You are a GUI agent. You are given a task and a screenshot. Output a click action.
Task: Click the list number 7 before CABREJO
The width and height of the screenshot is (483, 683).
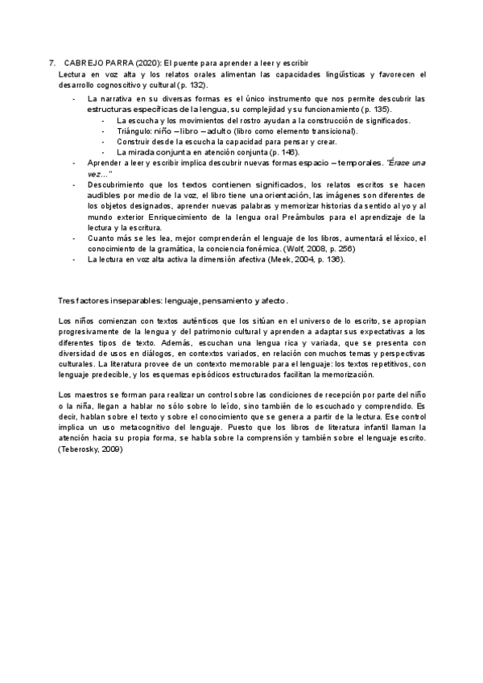(x=52, y=62)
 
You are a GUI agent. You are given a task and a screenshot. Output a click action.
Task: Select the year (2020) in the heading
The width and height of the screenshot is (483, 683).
(x=149, y=62)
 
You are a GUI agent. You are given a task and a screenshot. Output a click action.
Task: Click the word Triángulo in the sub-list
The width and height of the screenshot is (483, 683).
(x=134, y=130)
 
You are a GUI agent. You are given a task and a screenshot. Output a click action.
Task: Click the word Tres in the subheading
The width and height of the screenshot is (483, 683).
(x=67, y=300)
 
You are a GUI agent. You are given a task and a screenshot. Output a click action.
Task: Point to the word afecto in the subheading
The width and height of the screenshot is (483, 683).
(x=270, y=300)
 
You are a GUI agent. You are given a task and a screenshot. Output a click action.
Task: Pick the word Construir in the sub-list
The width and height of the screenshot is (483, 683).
(x=134, y=141)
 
